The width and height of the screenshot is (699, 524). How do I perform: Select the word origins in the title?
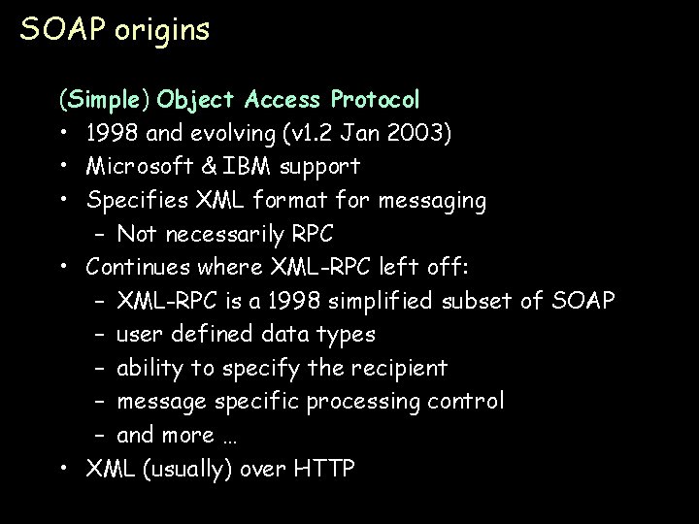pyautogui.click(x=161, y=32)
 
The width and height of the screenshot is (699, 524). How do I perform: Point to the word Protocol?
pyautogui.click(x=375, y=100)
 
